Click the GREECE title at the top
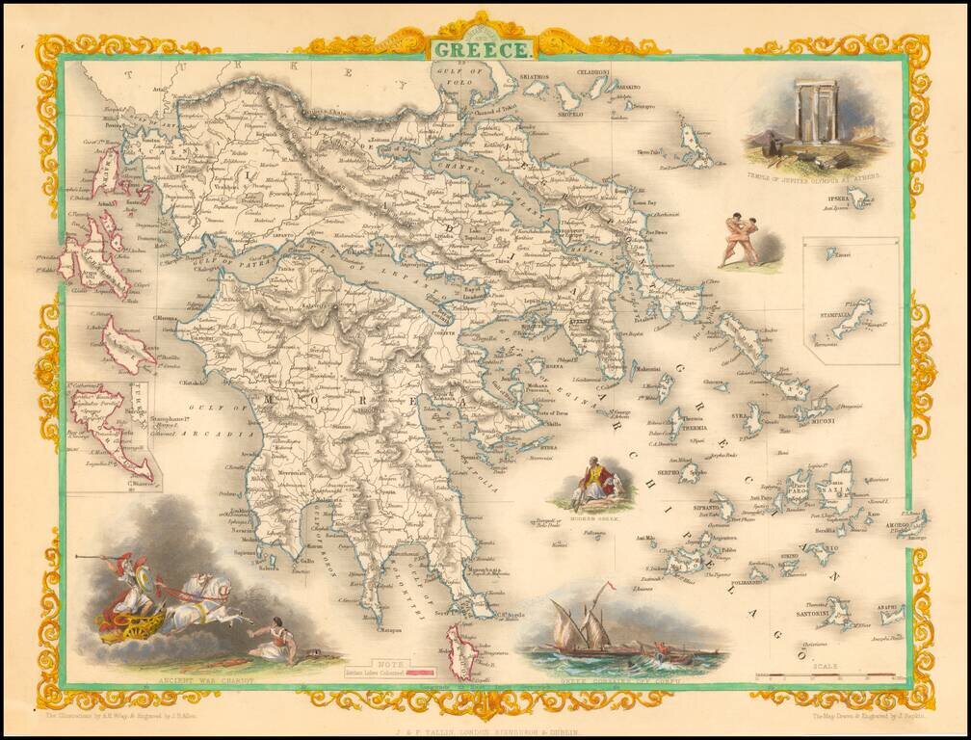coord(479,48)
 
